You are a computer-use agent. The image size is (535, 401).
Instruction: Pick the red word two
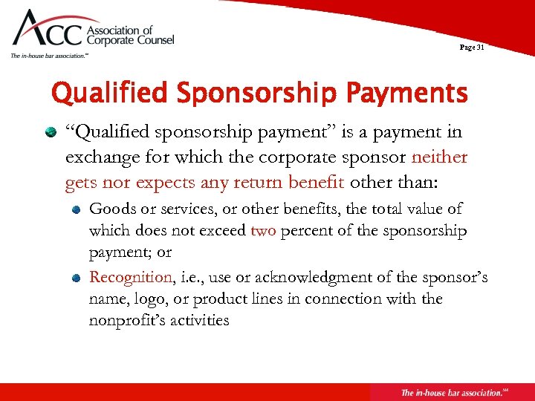[262, 230]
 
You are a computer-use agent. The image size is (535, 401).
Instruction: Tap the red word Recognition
[130, 277]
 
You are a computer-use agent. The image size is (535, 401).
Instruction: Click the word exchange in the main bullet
[97, 157]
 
